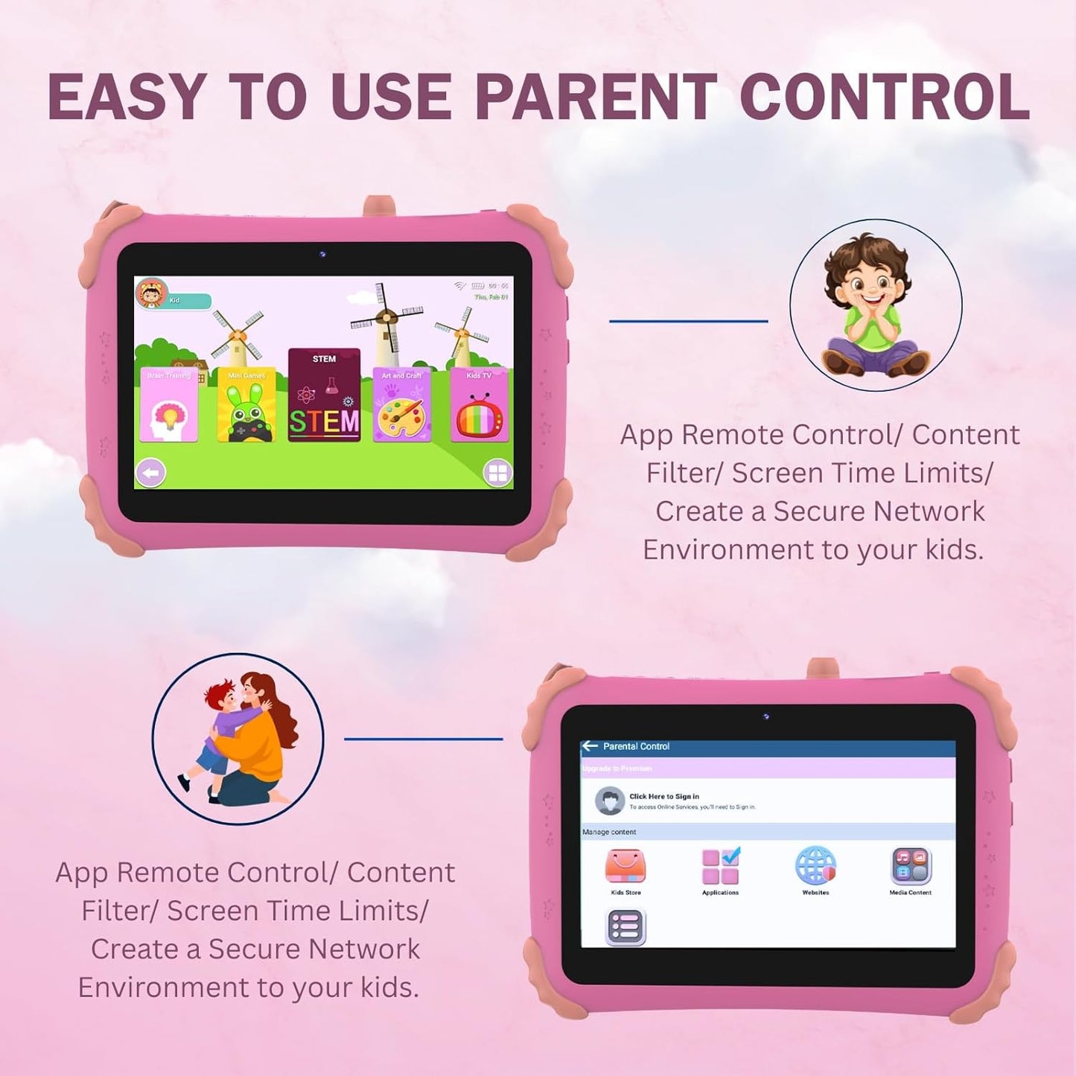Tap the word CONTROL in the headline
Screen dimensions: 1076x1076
point(885,97)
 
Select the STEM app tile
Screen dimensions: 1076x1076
point(324,395)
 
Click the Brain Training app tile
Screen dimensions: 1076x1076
point(169,405)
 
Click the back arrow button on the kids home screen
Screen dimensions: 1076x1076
point(150,473)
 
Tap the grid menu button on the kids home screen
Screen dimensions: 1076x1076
point(497,473)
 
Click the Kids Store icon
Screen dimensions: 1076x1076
point(625,866)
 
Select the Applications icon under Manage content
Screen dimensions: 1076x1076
point(720,866)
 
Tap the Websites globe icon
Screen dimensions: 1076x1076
point(815,866)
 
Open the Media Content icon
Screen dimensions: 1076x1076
point(911,866)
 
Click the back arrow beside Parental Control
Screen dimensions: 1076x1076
point(590,745)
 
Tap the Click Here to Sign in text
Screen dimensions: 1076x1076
point(664,796)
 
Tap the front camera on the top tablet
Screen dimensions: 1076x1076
point(322,255)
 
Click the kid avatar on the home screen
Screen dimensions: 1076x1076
point(151,293)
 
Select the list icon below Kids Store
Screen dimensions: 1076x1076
point(625,928)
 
